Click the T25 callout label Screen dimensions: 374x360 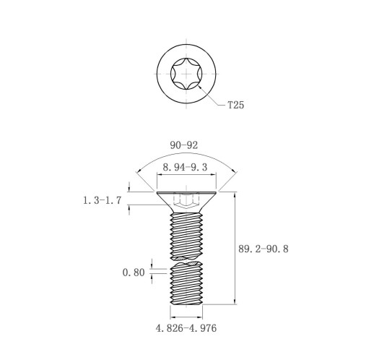tap(236, 105)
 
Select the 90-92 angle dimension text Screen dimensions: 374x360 tap(184, 145)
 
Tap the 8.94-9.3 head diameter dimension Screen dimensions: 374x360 tap(185, 167)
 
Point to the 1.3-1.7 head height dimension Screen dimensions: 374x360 tap(102, 200)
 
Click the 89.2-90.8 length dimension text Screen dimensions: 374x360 tap(264, 249)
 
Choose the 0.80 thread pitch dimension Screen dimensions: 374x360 tap(134, 273)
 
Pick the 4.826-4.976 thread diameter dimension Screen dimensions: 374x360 tap(186, 328)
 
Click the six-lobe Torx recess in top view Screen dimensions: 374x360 tap(186, 74)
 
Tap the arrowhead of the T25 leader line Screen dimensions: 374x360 tap(199, 87)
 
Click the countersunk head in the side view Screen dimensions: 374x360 tap(186, 202)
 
